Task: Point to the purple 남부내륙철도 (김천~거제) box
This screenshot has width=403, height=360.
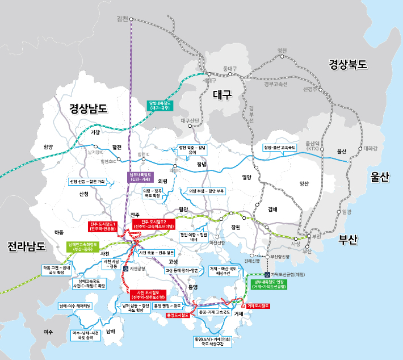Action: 140,177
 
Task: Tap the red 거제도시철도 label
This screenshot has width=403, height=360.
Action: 258,305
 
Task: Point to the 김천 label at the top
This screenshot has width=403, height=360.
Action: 122,19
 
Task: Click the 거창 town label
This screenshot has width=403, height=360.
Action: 95,132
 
